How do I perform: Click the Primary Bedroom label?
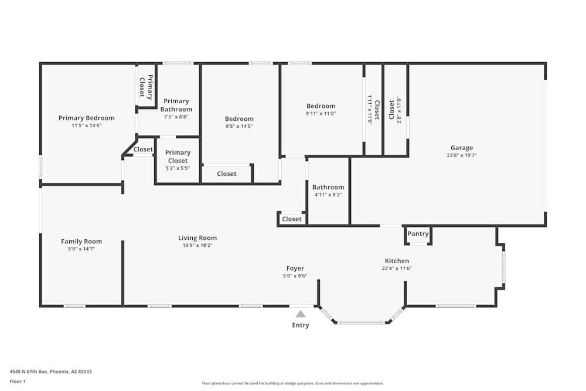[86, 118]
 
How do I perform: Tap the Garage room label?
[462, 148]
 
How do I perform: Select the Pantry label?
[418, 234]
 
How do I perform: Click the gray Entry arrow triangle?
[301, 314]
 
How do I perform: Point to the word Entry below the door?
[301, 325]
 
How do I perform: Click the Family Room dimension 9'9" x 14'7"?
[81, 249]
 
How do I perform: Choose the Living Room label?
[197, 238]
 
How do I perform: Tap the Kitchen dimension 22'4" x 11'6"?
[397, 268]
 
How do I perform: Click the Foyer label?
[295, 268]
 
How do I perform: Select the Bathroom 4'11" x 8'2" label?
[328, 188]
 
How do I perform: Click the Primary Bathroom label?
[176, 105]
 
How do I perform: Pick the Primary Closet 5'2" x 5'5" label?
[178, 157]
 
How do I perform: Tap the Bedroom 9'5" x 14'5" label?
[240, 119]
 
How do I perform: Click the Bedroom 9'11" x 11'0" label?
[321, 106]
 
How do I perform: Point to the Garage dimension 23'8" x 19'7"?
[462, 155]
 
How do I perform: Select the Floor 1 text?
[18, 381]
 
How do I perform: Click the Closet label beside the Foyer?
[291, 219]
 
